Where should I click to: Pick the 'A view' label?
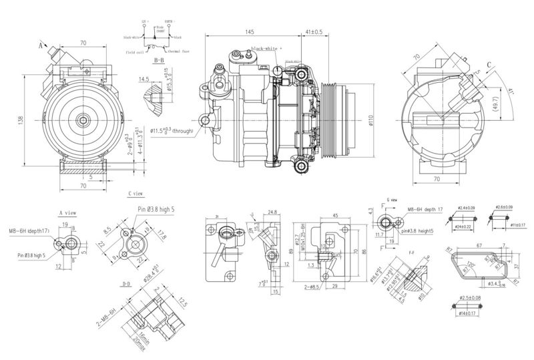pyautogui.click(x=69, y=213)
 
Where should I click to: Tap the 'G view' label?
pyautogui.click(x=392, y=199)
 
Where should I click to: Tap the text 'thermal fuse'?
pyautogui.click(x=179, y=51)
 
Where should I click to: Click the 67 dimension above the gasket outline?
pyautogui.click(x=480, y=245)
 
